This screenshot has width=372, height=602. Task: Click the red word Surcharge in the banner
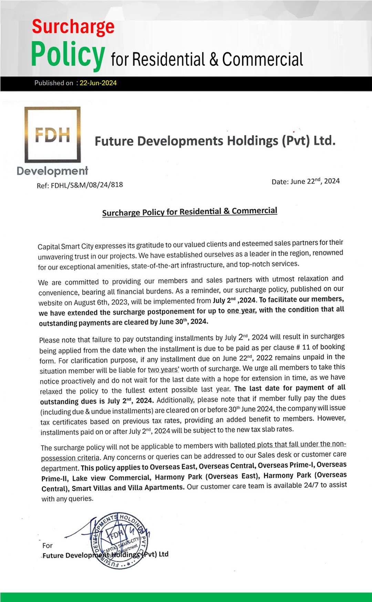73,27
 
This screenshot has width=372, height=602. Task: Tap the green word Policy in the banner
68,54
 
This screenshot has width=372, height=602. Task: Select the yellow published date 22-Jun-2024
98,83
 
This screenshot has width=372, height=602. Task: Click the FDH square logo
52,135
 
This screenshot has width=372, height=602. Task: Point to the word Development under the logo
52,171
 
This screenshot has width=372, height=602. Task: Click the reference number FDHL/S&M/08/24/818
87,185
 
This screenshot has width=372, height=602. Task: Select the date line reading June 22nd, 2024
306,181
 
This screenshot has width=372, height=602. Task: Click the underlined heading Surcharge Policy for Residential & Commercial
189,212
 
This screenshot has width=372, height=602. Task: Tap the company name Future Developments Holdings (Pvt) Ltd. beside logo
215,141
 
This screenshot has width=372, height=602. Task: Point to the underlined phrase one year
241,310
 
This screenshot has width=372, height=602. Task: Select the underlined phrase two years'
163,370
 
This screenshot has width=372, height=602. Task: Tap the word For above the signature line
47,546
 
